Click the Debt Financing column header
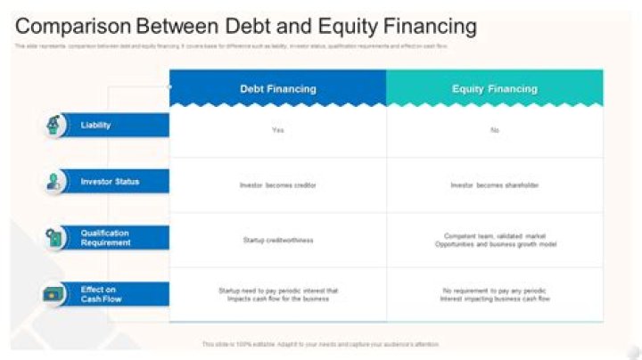pos(277,89)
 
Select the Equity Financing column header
pos(494,89)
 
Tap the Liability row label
pos(96,126)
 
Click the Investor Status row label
pos(110,182)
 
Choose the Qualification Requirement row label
pos(105,238)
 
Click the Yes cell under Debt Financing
pos(277,130)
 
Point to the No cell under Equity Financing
pos(494,130)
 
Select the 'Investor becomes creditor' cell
pos(277,185)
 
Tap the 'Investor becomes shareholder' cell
pos(494,185)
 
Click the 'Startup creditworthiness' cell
pos(277,240)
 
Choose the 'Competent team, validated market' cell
pos(494,240)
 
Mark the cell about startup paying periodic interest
pos(277,295)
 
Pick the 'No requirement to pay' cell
pos(494,295)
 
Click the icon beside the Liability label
pos(55,126)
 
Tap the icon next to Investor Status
pos(55,182)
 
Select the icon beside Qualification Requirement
pos(55,238)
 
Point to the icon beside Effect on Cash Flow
pos(55,294)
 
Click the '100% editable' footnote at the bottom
pos(320,344)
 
